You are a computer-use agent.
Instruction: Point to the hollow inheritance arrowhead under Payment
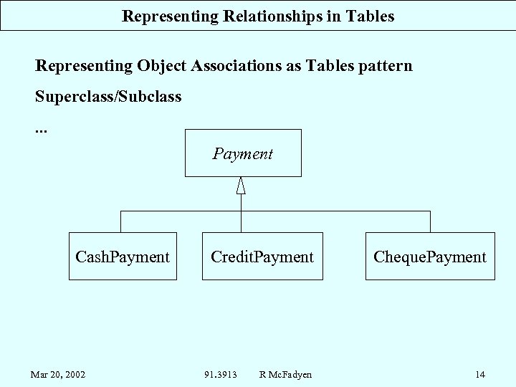(x=241, y=186)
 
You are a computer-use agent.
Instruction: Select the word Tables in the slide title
(x=370, y=16)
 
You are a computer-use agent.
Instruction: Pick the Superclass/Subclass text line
(x=108, y=95)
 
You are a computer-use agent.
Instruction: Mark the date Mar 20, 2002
(x=57, y=374)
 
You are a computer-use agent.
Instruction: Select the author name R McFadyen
(x=285, y=374)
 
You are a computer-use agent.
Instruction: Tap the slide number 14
(x=480, y=374)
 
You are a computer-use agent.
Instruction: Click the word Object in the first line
(x=159, y=67)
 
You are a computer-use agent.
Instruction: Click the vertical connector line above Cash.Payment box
(x=122, y=221)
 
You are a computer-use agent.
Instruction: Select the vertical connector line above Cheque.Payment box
(x=429, y=221)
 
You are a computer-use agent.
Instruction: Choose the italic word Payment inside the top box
(x=243, y=153)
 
